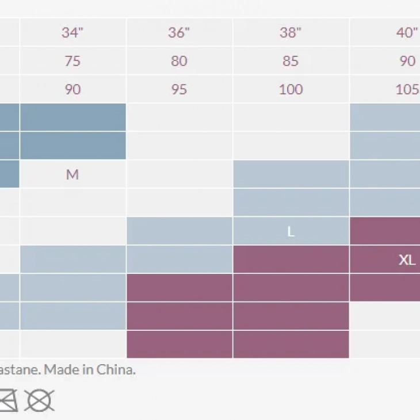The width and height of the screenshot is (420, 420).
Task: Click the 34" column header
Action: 72,33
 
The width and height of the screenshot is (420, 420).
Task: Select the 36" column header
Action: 179,33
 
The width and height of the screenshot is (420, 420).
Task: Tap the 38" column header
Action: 291,33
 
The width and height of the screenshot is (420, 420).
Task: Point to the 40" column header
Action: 407,33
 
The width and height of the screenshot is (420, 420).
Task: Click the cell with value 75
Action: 72,61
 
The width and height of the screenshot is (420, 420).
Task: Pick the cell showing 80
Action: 179,61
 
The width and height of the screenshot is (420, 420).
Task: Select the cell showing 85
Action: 291,61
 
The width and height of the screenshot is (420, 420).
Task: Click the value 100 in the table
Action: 291,89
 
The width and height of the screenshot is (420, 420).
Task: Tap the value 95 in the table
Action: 179,89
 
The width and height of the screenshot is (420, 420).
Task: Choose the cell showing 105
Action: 407,89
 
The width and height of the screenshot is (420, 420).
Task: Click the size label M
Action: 72,174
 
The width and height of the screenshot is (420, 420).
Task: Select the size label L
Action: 291,231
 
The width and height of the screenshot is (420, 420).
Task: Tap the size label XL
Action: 407,259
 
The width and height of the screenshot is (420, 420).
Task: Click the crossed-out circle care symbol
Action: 40,399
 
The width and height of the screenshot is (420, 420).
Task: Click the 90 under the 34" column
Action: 72,89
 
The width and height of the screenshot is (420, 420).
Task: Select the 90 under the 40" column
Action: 407,61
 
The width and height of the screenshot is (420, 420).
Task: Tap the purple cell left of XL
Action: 291,259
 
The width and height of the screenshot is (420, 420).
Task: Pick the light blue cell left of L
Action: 179,231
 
